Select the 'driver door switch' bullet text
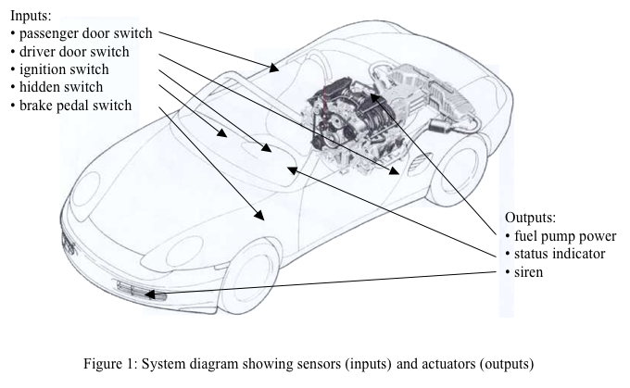pos(75,52)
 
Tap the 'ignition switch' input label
pos(64,69)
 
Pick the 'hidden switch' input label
pos(61,87)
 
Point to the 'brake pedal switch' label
pos(75,105)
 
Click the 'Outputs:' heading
pos(530,219)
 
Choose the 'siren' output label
pos(532,271)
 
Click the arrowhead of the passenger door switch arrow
pos(274,68)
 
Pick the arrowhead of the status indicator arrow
pos(291,169)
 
